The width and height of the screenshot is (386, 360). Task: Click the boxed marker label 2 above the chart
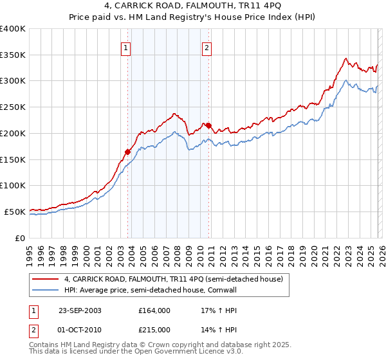point(207,47)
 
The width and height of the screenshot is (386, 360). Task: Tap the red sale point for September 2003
point(128,152)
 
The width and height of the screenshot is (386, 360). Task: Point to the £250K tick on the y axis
point(13,107)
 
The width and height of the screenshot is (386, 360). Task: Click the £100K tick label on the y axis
point(13,185)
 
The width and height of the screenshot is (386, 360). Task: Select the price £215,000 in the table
point(154,329)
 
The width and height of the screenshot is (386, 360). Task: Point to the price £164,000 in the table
point(154,310)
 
